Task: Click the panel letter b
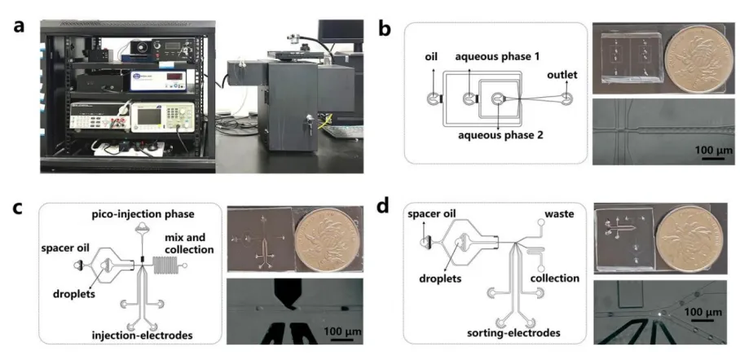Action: pyautogui.click(x=386, y=31)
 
